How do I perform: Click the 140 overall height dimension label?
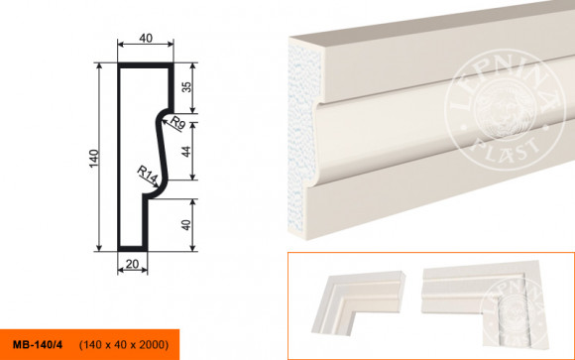pyautogui.click(x=94, y=159)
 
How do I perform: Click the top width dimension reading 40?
pyautogui.click(x=146, y=38)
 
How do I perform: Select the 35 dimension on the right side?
pyautogui.click(x=186, y=87)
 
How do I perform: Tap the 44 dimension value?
pyautogui.click(x=186, y=152)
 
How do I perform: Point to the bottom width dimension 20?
pyautogui.click(x=132, y=264)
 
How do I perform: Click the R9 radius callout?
pyautogui.click(x=177, y=123)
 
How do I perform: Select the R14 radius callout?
pyautogui.click(x=147, y=175)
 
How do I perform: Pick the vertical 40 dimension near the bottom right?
pyautogui.click(x=186, y=225)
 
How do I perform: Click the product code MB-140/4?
pyautogui.click(x=38, y=345)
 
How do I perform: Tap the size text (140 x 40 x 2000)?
pyautogui.click(x=124, y=345)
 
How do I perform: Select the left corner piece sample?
pyautogui.click(x=358, y=301)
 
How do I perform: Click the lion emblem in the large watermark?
pyautogui.click(x=504, y=111)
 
